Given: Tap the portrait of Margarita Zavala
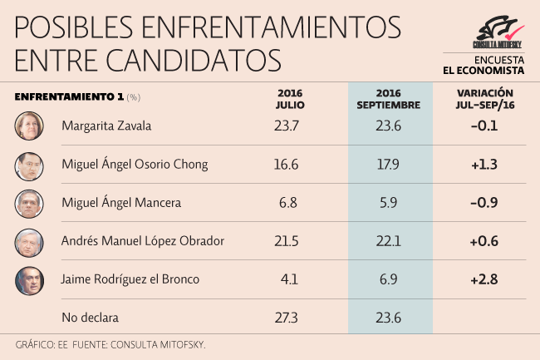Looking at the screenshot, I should pyautogui.click(x=29, y=126).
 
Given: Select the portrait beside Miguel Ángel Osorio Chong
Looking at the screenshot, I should pyautogui.click(x=29, y=165).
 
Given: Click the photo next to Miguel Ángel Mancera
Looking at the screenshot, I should pyautogui.click(x=29, y=204).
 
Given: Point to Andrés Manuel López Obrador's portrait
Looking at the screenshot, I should pyautogui.click(x=29, y=242).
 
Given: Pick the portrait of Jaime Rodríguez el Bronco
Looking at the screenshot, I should pyautogui.click(x=29, y=280).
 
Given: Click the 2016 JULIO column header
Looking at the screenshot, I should pyautogui.click(x=290, y=100).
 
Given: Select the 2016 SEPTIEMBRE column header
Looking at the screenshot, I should pyautogui.click(x=390, y=100).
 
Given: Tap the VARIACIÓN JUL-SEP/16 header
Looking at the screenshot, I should pyautogui.click(x=484, y=100).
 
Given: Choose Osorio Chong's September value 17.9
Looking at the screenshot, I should pyautogui.click(x=390, y=165).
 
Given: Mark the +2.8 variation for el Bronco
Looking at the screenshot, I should pyautogui.click(x=484, y=280).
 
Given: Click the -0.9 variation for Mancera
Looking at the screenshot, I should pyautogui.click(x=484, y=204).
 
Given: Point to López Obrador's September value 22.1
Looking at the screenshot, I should pyautogui.click(x=390, y=242).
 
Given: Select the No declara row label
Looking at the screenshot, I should pyautogui.click(x=91, y=318).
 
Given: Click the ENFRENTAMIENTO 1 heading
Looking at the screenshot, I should pyautogui.click(x=70, y=96).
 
